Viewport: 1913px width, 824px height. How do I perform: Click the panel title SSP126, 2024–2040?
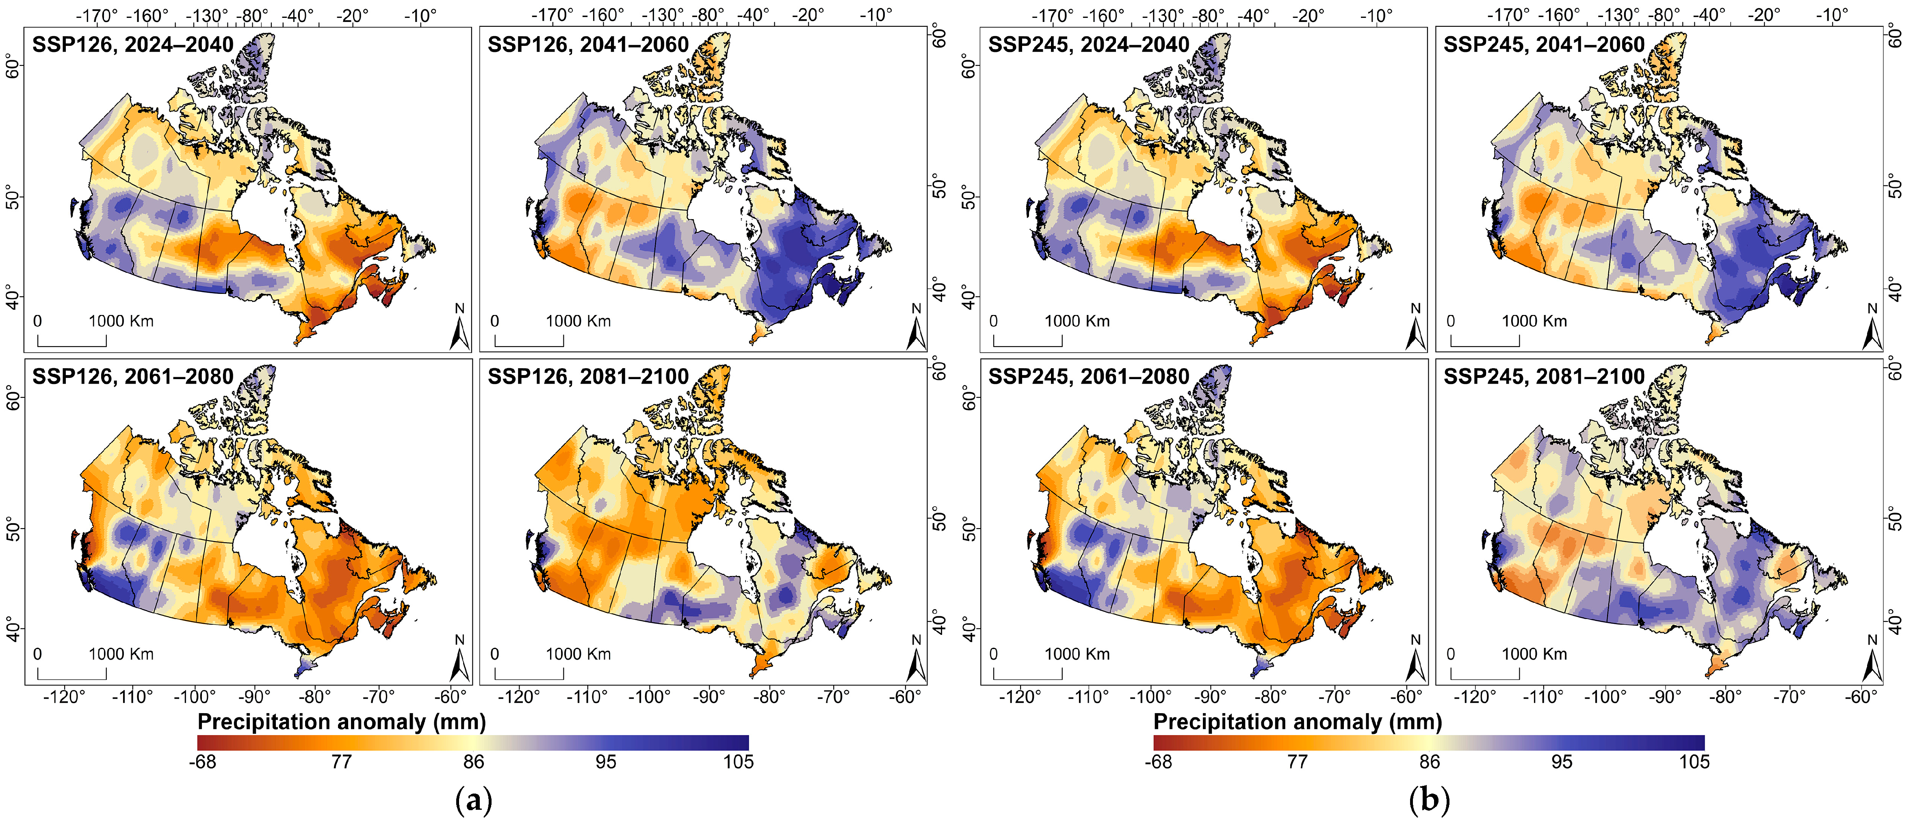coord(133,45)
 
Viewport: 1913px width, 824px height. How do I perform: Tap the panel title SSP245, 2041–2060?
coord(1544,45)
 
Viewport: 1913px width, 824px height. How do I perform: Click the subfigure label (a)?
coord(473,800)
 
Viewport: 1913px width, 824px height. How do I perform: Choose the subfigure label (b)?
coord(1429,800)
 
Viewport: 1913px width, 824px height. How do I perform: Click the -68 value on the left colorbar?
coord(203,762)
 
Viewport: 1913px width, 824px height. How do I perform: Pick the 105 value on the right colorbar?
coord(1694,762)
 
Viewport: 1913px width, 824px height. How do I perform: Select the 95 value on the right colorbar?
coord(1562,762)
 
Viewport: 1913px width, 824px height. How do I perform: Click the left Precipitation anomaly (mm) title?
coord(342,722)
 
